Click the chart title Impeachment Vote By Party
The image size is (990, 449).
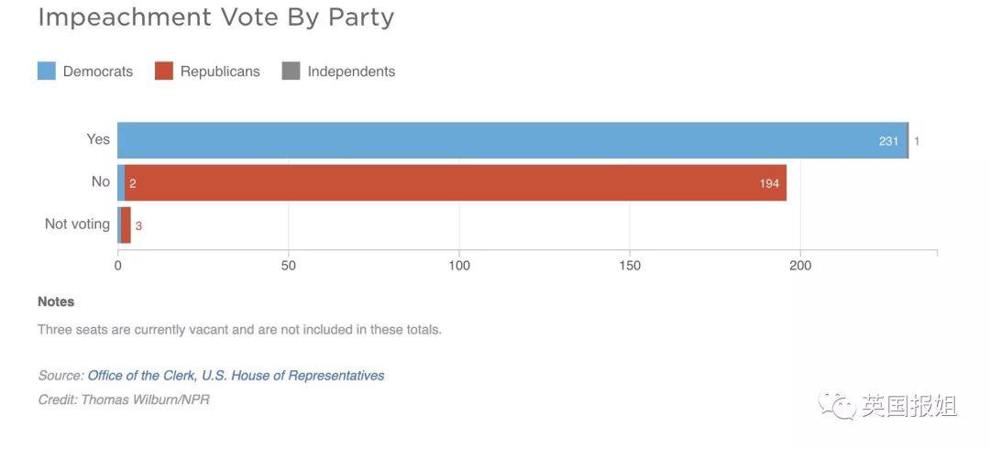pos(215,17)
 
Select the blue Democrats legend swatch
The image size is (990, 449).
pos(47,71)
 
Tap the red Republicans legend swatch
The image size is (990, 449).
pos(164,71)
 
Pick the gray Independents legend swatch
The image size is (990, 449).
pos(291,71)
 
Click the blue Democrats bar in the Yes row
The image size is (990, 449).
pos(495,140)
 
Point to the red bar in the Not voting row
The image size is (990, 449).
pos(126,225)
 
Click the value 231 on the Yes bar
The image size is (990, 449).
pos(888,141)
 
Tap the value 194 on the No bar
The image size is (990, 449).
pos(768,184)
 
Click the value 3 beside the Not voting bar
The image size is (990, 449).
pos(138,225)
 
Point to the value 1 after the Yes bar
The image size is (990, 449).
pos(917,141)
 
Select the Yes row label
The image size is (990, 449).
pos(98,139)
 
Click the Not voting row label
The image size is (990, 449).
pos(77,224)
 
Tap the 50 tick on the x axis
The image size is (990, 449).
pos(289,266)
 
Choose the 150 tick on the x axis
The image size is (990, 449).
pos(630,266)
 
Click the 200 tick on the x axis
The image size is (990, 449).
pos(800,266)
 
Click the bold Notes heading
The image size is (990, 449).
pos(56,301)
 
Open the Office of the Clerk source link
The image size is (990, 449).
pos(236,376)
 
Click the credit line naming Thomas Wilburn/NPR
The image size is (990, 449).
pos(124,400)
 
